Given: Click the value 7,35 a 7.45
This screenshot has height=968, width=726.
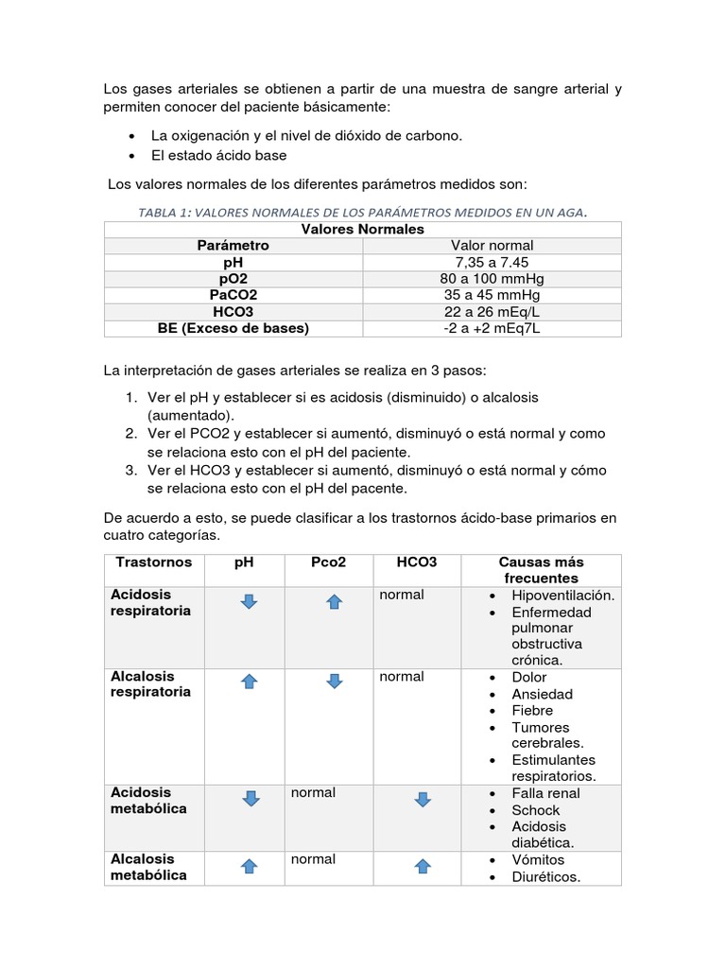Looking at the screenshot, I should click(x=492, y=262).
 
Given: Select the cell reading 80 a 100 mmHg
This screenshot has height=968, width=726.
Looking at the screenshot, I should click(x=492, y=278).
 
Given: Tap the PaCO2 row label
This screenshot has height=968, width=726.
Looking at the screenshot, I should click(x=233, y=295).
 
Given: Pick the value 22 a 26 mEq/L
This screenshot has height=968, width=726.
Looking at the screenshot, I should click(x=492, y=311).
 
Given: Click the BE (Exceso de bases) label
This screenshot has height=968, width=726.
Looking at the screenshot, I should click(x=233, y=328).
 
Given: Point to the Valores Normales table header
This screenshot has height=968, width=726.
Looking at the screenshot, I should click(x=362, y=229).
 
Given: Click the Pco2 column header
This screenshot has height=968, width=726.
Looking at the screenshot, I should click(x=328, y=562).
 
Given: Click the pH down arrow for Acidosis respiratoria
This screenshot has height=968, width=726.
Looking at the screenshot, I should click(x=249, y=601).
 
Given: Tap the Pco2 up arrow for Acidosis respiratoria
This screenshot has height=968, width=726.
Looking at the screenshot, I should click(x=334, y=601).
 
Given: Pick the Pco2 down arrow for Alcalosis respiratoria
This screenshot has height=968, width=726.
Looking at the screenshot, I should click(x=334, y=681).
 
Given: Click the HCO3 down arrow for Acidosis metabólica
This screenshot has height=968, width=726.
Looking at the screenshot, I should click(x=423, y=799).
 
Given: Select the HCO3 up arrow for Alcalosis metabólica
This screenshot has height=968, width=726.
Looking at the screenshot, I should click(x=423, y=866).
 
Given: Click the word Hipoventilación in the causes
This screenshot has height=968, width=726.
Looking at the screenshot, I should click(x=562, y=596).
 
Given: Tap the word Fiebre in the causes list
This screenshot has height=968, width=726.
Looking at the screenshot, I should click(x=532, y=710).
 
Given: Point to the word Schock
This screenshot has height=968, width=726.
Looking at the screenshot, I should click(x=535, y=810).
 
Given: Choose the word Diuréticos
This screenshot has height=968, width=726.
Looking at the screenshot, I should click(x=545, y=876).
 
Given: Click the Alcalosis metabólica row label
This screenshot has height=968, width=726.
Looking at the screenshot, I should click(x=148, y=867).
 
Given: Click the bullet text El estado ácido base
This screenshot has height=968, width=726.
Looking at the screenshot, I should click(x=218, y=155).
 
